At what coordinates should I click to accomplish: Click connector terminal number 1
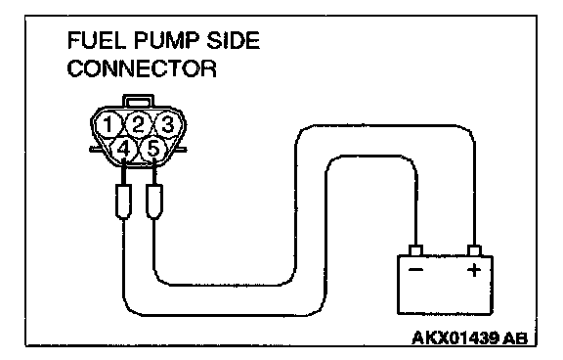click(x=108, y=124)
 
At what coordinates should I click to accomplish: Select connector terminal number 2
click(x=138, y=124)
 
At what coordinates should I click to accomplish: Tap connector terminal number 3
click(x=167, y=124)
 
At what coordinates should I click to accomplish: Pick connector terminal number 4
click(x=123, y=150)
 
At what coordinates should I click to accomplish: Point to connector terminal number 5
click(x=152, y=150)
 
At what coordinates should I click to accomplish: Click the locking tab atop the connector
click(x=138, y=100)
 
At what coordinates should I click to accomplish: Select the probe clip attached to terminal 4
click(x=123, y=202)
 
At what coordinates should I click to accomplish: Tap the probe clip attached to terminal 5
click(x=154, y=202)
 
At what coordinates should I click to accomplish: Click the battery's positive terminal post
click(x=474, y=250)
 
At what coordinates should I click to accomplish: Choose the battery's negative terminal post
click(x=415, y=250)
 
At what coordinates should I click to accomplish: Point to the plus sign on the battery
click(x=474, y=270)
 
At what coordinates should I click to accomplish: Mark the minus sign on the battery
click(x=415, y=270)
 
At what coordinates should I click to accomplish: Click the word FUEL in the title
click(x=97, y=40)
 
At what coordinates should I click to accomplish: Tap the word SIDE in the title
click(x=233, y=40)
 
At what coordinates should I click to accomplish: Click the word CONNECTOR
click(x=142, y=68)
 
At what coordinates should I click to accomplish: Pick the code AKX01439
click(x=455, y=337)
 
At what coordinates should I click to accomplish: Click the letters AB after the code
click(x=516, y=338)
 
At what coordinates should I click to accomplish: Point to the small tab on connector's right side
click(x=182, y=149)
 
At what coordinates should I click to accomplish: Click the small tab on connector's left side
click(x=95, y=149)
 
